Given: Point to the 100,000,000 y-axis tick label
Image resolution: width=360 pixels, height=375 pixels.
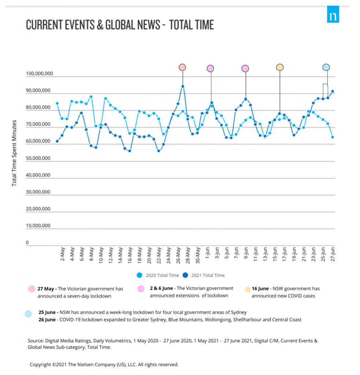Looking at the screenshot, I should tap(39, 74).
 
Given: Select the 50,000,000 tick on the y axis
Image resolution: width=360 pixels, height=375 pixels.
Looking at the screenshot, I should tap(38, 158).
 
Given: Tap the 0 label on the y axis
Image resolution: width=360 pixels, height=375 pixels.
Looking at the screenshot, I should tap(27, 242).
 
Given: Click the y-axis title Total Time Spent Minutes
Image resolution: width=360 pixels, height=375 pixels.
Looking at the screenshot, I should tap(14, 152).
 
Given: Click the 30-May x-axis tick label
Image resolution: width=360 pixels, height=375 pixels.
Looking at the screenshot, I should tap(198, 256).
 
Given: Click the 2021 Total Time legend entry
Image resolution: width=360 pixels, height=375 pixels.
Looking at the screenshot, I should tap(204, 275).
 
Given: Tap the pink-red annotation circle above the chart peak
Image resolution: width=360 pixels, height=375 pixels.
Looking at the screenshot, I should tap(182, 67).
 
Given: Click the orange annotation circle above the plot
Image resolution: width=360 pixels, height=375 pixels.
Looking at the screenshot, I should tap(280, 67).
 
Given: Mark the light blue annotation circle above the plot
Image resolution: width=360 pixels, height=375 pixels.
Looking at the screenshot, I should tap(326, 67).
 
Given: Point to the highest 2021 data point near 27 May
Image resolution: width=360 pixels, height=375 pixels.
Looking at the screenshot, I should tap(183, 87).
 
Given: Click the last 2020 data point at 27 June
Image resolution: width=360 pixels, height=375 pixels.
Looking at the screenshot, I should tap(333, 137).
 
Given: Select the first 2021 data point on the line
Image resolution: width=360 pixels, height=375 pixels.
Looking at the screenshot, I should tap(57, 141).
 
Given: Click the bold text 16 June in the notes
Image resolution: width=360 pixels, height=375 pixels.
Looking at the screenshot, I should tap(260, 289).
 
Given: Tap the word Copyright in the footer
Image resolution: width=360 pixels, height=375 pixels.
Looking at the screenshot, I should tap(41, 364).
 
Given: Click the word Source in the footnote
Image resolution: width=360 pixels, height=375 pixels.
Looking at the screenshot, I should tap(35, 341).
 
